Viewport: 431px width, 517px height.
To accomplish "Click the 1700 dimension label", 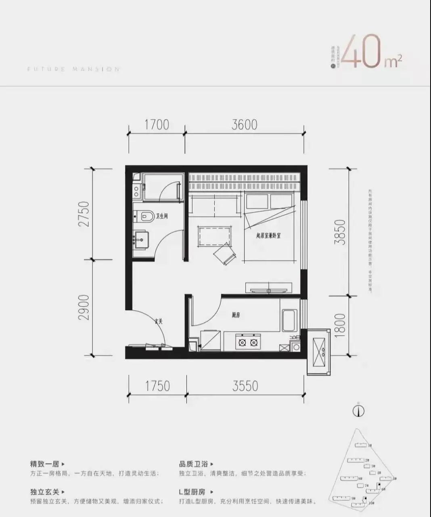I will click(157, 124).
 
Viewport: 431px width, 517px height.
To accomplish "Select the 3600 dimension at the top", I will click(244, 124).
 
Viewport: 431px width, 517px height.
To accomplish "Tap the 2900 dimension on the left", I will click(84, 308).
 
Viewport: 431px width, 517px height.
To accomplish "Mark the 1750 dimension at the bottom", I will click(157, 386).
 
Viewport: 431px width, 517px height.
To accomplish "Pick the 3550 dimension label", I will click(245, 386).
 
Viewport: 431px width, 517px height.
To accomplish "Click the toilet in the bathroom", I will click(144, 216).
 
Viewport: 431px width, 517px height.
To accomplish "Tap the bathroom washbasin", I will click(141, 240).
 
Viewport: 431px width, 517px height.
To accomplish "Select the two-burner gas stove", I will click(248, 343).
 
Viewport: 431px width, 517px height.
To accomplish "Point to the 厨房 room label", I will click(236, 315).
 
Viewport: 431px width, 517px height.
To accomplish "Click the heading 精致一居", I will click(44, 464).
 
